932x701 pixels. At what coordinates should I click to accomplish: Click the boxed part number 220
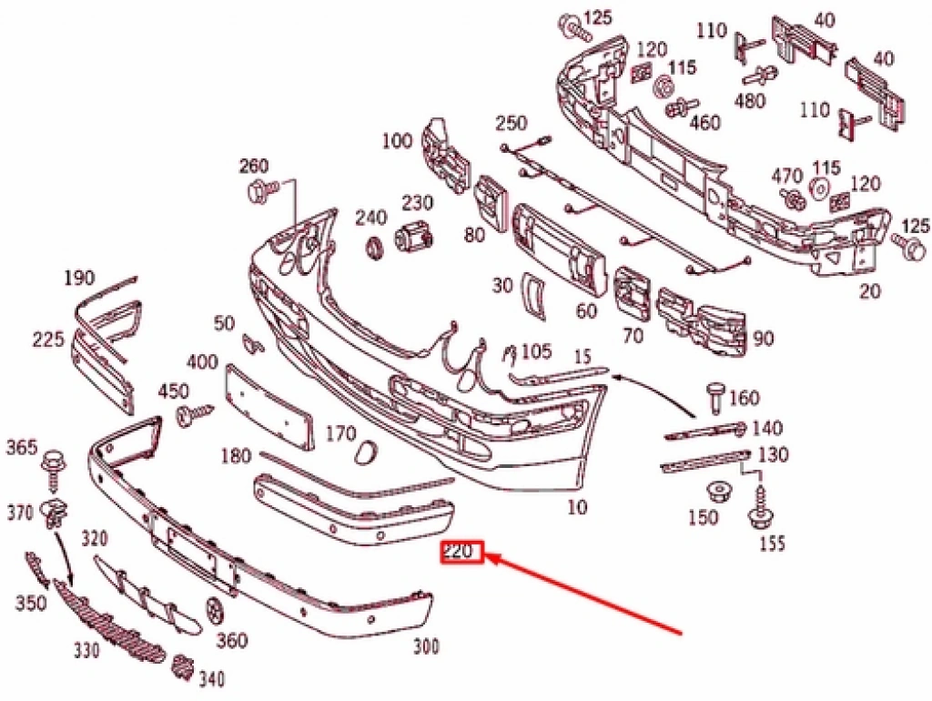click(461, 553)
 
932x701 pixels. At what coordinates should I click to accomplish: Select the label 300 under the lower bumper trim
click(425, 647)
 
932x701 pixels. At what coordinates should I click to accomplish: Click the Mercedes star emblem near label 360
click(216, 609)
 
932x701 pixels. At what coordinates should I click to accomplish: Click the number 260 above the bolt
click(254, 167)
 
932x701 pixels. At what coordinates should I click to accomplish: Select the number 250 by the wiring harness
click(512, 124)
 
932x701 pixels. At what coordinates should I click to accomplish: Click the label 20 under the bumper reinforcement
click(871, 291)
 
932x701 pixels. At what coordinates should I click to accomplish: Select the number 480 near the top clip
click(750, 101)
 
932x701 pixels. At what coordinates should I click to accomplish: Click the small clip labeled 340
click(182, 669)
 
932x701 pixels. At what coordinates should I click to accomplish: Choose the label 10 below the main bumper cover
click(577, 507)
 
